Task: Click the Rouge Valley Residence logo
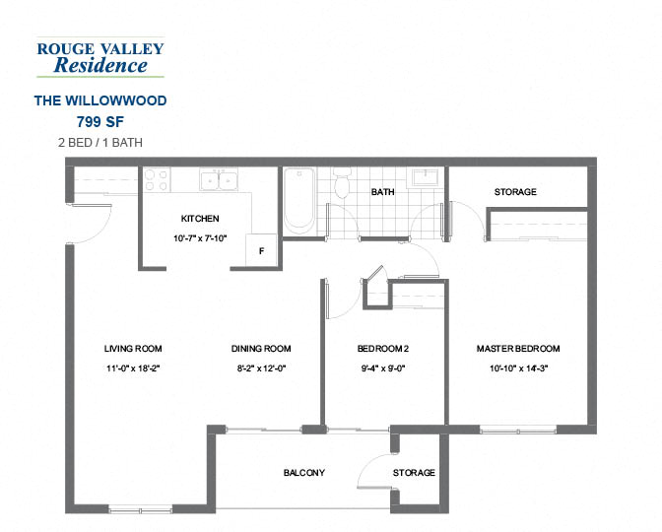click(x=99, y=57)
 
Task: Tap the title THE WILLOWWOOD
click(x=99, y=100)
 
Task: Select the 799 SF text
click(x=99, y=122)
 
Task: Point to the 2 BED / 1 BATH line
click(x=99, y=143)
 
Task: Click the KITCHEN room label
click(x=200, y=219)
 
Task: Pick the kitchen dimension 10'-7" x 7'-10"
click(x=200, y=238)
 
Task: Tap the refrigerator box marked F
click(x=261, y=251)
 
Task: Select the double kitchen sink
click(x=219, y=180)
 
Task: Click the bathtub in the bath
click(x=298, y=200)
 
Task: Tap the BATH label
click(x=382, y=192)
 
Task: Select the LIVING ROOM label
click(x=133, y=349)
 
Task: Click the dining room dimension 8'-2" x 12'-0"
click(x=261, y=368)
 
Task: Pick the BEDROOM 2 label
click(x=382, y=349)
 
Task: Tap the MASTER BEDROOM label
click(x=518, y=349)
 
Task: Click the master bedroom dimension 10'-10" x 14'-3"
click(x=518, y=368)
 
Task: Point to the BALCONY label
click(x=303, y=473)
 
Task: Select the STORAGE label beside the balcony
click(x=414, y=473)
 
